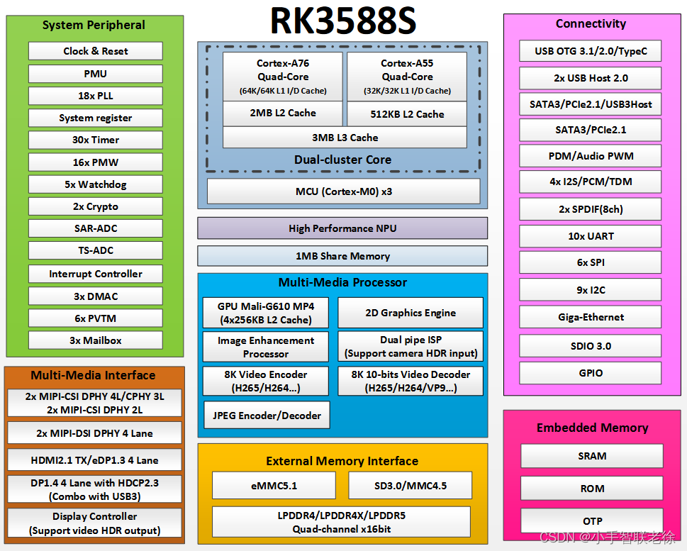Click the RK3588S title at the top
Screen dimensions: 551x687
coord(343,21)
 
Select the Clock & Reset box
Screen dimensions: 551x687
coord(96,51)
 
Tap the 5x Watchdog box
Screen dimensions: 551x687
coord(96,184)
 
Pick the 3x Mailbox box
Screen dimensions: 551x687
coord(96,340)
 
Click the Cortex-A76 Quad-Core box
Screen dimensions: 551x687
coord(283,77)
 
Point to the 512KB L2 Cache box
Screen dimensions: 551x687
coord(407,113)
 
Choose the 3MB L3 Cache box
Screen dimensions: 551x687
coord(345,138)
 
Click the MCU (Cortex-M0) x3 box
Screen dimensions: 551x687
coord(343,191)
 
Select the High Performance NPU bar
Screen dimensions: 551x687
coord(342,228)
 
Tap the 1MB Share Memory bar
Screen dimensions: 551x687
coord(342,256)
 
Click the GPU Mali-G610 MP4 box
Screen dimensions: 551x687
coord(266,313)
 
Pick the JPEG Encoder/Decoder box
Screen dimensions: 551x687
coord(267,416)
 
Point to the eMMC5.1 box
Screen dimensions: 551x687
coord(274,486)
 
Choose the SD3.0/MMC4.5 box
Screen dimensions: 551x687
coord(409,486)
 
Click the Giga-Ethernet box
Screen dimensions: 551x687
coord(591,317)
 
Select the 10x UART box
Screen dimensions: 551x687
coord(591,236)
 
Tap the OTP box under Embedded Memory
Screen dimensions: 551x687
coord(592,521)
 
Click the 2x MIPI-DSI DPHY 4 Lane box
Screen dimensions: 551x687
coord(95,433)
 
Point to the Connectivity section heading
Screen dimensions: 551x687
coord(591,23)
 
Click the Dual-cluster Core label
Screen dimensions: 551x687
coord(342,160)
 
